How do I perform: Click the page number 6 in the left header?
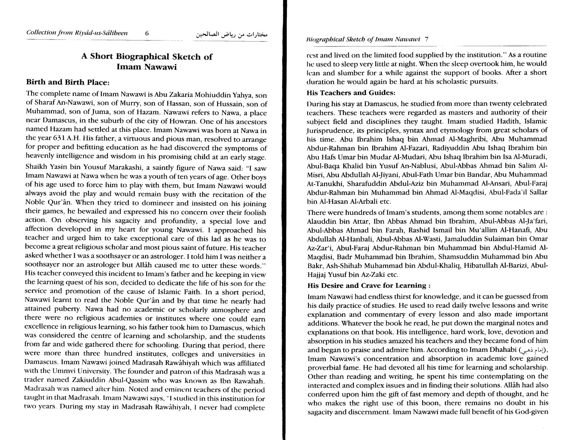click(x=147, y=33)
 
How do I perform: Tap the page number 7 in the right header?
click(x=426, y=39)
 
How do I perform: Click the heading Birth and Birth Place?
click(x=68, y=82)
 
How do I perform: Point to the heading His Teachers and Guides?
click(x=351, y=93)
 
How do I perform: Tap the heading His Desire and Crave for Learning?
click(x=369, y=285)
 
